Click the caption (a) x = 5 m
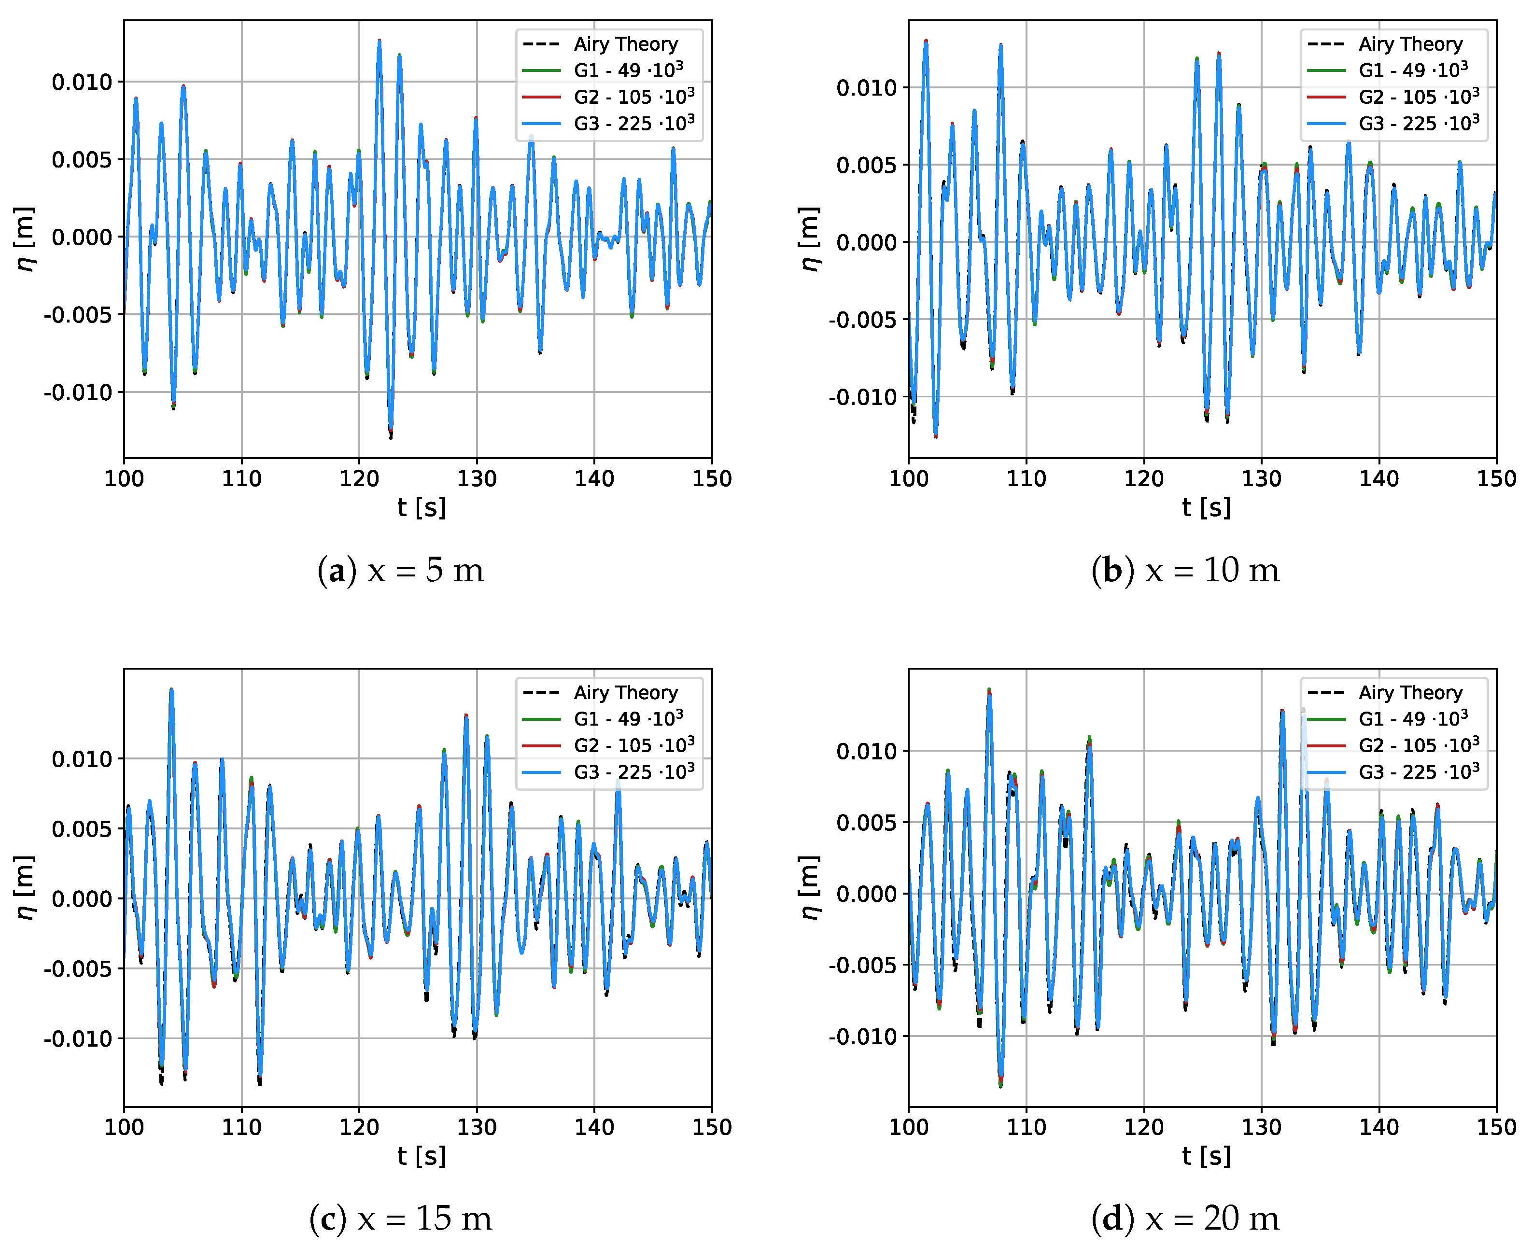[x=400, y=571]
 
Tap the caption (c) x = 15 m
[x=400, y=1219]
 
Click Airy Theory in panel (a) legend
[x=625, y=44]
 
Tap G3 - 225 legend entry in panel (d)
[x=1418, y=772]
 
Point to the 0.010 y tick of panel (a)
[x=82, y=82]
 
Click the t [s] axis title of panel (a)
[x=422, y=508]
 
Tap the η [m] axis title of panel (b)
[x=810, y=239]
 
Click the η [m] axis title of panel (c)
[x=25, y=887]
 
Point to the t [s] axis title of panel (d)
[x=1206, y=1156]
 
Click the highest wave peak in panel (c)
[x=171, y=689]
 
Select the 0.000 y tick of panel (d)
[x=866, y=894]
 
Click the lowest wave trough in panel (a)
[x=391, y=436]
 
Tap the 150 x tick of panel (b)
[x=1496, y=479]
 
